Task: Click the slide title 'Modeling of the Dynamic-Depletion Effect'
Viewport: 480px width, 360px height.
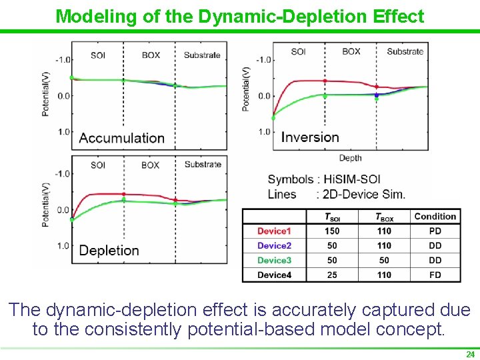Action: click(240, 16)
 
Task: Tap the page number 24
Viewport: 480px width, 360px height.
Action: click(470, 354)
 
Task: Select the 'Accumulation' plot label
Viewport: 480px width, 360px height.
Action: click(122, 138)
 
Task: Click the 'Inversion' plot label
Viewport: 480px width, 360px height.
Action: click(310, 137)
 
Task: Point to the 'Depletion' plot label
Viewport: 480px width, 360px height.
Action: click(109, 251)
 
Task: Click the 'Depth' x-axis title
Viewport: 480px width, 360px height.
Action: click(351, 158)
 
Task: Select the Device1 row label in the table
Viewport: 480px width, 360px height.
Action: click(275, 231)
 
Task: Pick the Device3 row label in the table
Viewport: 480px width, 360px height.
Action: click(275, 260)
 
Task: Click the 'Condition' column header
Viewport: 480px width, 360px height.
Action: click(435, 217)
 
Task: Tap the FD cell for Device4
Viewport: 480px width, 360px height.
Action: click(435, 275)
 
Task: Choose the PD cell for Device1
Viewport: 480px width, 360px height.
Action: click(435, 231)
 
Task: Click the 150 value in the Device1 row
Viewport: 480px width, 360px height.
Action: click(332, 231)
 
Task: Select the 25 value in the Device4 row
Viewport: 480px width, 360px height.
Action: click(332, 275)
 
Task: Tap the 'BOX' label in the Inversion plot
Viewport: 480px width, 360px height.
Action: click(351, 52)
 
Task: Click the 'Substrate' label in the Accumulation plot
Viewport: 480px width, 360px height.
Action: click(202, 55)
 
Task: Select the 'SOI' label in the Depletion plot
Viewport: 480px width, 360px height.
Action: click(98, 165)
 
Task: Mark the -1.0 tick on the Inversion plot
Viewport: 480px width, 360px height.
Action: click(264, 60)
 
